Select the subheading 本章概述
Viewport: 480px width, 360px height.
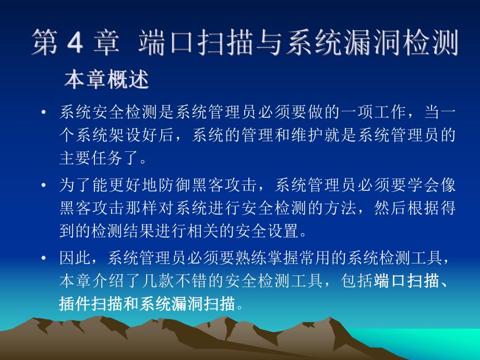(x=106, y=81)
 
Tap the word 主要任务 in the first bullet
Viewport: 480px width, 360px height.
(x=92, y=157)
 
